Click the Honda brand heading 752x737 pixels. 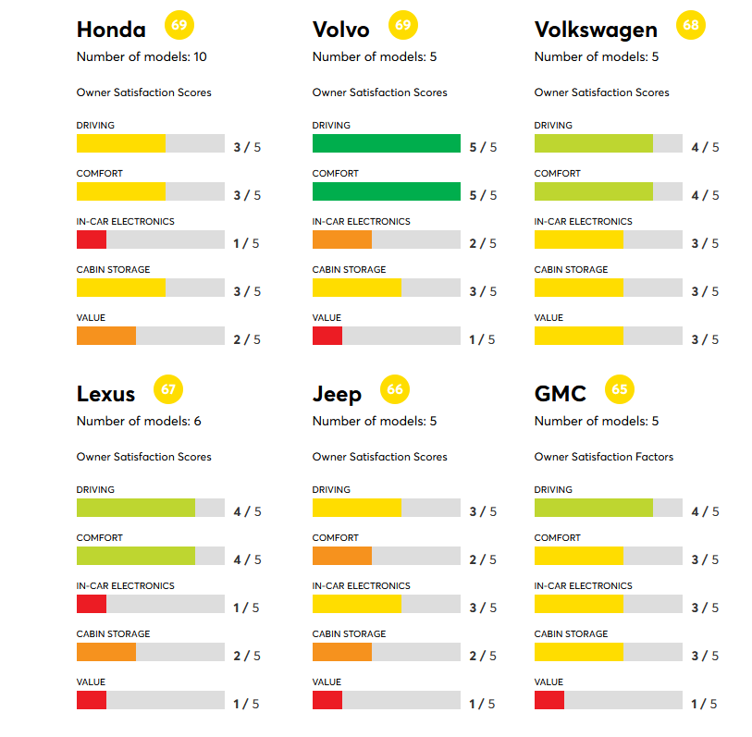point(111,30)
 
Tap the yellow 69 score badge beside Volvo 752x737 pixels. point(402,25)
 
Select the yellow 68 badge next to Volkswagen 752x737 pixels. point(691,25)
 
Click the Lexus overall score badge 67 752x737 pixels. point(168,389)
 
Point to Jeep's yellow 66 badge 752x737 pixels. point(395,389)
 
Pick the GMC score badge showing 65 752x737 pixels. point(619,389)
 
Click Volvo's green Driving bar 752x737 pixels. point(386,143)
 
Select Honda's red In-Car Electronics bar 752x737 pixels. point(92,240)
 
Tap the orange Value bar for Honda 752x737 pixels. point(106,336)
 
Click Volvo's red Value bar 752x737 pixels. point(327,336)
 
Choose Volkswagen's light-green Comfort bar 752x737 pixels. point(593,191)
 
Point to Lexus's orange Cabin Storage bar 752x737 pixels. point(106,652)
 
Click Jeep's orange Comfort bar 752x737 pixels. point(342,556)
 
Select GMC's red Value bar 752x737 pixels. point(549,700)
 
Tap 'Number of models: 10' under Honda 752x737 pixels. point(142,57)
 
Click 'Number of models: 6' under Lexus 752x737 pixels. point(139,422)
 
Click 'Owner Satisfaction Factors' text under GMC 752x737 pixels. point(604,457)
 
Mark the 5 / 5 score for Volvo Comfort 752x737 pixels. point(483,195)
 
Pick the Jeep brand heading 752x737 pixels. point(337,394)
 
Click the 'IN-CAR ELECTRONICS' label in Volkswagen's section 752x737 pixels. point(583,222)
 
